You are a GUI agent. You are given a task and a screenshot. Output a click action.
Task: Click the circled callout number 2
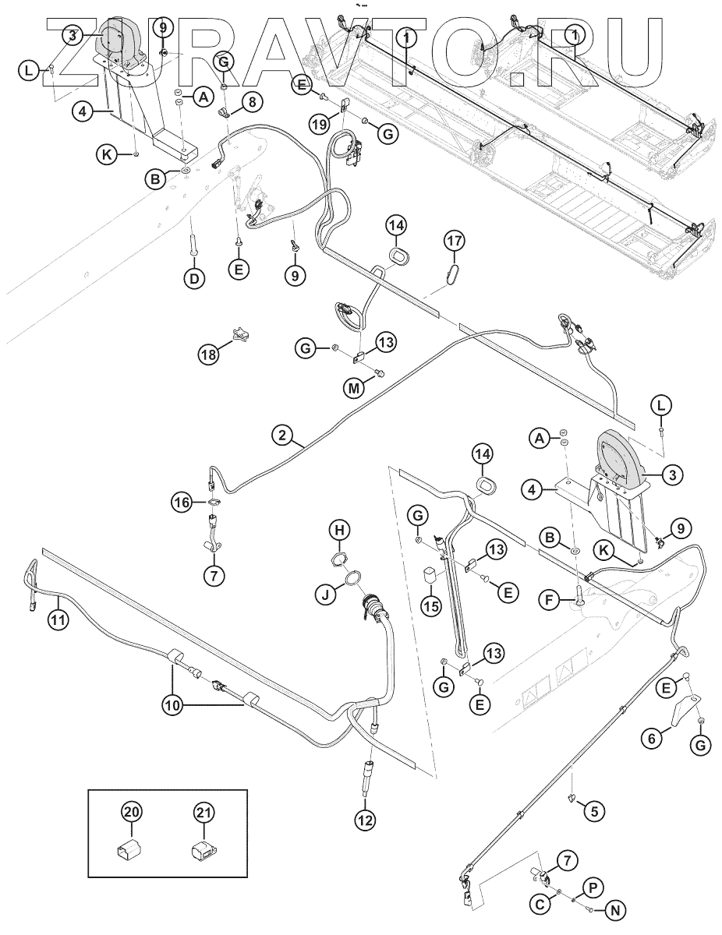282,436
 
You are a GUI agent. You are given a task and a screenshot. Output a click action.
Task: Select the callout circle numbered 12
366,819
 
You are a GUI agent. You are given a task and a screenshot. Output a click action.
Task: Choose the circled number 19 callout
317,124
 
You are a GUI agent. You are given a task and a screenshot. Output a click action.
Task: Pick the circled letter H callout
338,531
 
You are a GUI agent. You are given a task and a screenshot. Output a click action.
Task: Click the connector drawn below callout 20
132,850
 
